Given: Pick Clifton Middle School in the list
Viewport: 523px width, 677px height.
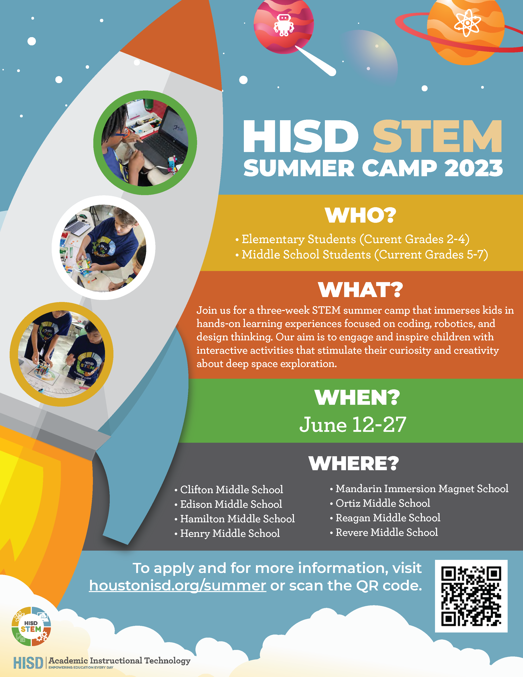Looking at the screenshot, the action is (231, 489).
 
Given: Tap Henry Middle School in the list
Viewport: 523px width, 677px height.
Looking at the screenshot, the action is (230, 533).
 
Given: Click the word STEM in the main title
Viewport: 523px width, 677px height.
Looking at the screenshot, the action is (437, 136).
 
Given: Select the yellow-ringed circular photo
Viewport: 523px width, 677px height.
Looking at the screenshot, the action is (61, 354).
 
